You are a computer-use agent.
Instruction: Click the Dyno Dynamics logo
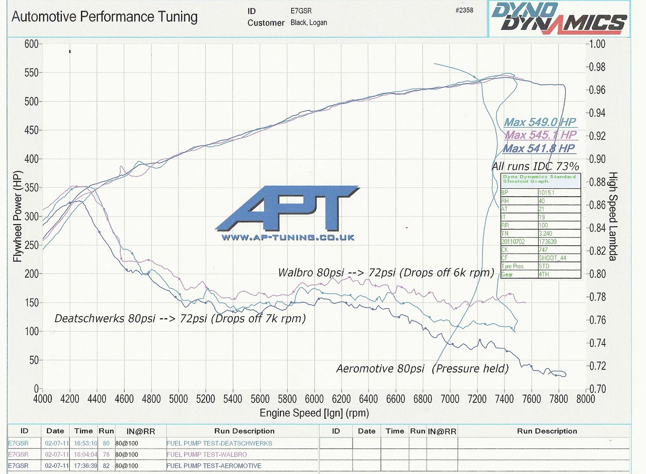click(x=559, y=18)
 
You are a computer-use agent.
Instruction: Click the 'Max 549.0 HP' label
click(x=539, y=122)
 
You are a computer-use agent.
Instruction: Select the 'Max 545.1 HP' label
click(x=540, y=135)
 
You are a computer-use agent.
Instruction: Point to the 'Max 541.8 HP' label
click(x=539, y=149)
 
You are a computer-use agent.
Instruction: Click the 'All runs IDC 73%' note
click(x=535, y=166)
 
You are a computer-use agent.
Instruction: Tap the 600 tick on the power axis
click(x=31, y=44)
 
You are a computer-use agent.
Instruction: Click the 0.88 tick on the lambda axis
click(x=597, y=182)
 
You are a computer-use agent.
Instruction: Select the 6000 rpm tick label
click(x=314, y=399)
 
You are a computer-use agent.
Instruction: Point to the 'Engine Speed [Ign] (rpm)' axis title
click(x=314, y=413)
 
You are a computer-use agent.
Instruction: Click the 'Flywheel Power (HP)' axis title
click(x=17, y=216)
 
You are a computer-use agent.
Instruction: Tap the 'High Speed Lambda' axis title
click(x=612, y=216)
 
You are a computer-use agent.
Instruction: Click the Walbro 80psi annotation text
click(x=386, y=273)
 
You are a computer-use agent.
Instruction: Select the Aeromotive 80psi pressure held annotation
click(x=422, y=369)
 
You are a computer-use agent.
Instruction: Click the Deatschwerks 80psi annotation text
click(x=180, y=319)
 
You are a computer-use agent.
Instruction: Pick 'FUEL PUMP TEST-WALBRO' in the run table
click(x=207, y=455)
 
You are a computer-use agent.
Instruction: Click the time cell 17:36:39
click(x=86, y=466)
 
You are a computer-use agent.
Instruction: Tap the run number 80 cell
click(x=106, y=443)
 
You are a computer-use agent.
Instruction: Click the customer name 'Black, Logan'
click(x=309, y=22)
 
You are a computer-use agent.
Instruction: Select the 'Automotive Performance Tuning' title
click(x=104, y=17)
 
